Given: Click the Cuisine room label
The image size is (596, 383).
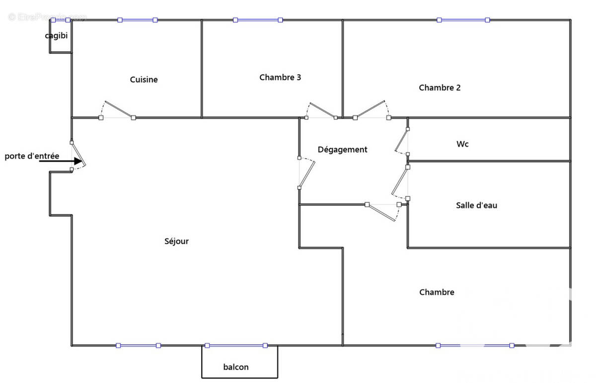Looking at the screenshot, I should click(x=144, y=80).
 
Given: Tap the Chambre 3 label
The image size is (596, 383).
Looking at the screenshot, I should click(x=280, y=78).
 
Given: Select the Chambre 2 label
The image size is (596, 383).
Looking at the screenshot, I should click(x=440, y=88).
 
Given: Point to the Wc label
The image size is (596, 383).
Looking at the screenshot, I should click(x=462, y=145).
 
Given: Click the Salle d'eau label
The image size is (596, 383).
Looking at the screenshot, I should click(x=476, y=205).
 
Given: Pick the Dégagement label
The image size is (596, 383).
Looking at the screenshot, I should click(x=343, y=150).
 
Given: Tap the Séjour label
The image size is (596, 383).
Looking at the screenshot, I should click(x=177, y=242).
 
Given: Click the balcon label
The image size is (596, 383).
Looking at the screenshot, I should click(x=236, y=368).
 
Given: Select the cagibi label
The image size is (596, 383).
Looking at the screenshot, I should click(x=56, y=36).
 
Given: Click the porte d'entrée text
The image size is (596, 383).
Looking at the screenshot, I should click(x=32, y=156).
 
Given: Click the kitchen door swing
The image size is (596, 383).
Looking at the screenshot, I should click(x=118, y=109).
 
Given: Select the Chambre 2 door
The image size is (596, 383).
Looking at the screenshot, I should click(x=371, y=109).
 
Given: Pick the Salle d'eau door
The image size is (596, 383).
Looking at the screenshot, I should click(x=400, y=182).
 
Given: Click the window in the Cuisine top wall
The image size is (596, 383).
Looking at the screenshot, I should click(x=137, y=20).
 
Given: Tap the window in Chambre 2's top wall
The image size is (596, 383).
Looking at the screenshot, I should click(x=463, y=20).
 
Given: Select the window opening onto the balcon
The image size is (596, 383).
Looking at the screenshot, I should click(x=236, y=345).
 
